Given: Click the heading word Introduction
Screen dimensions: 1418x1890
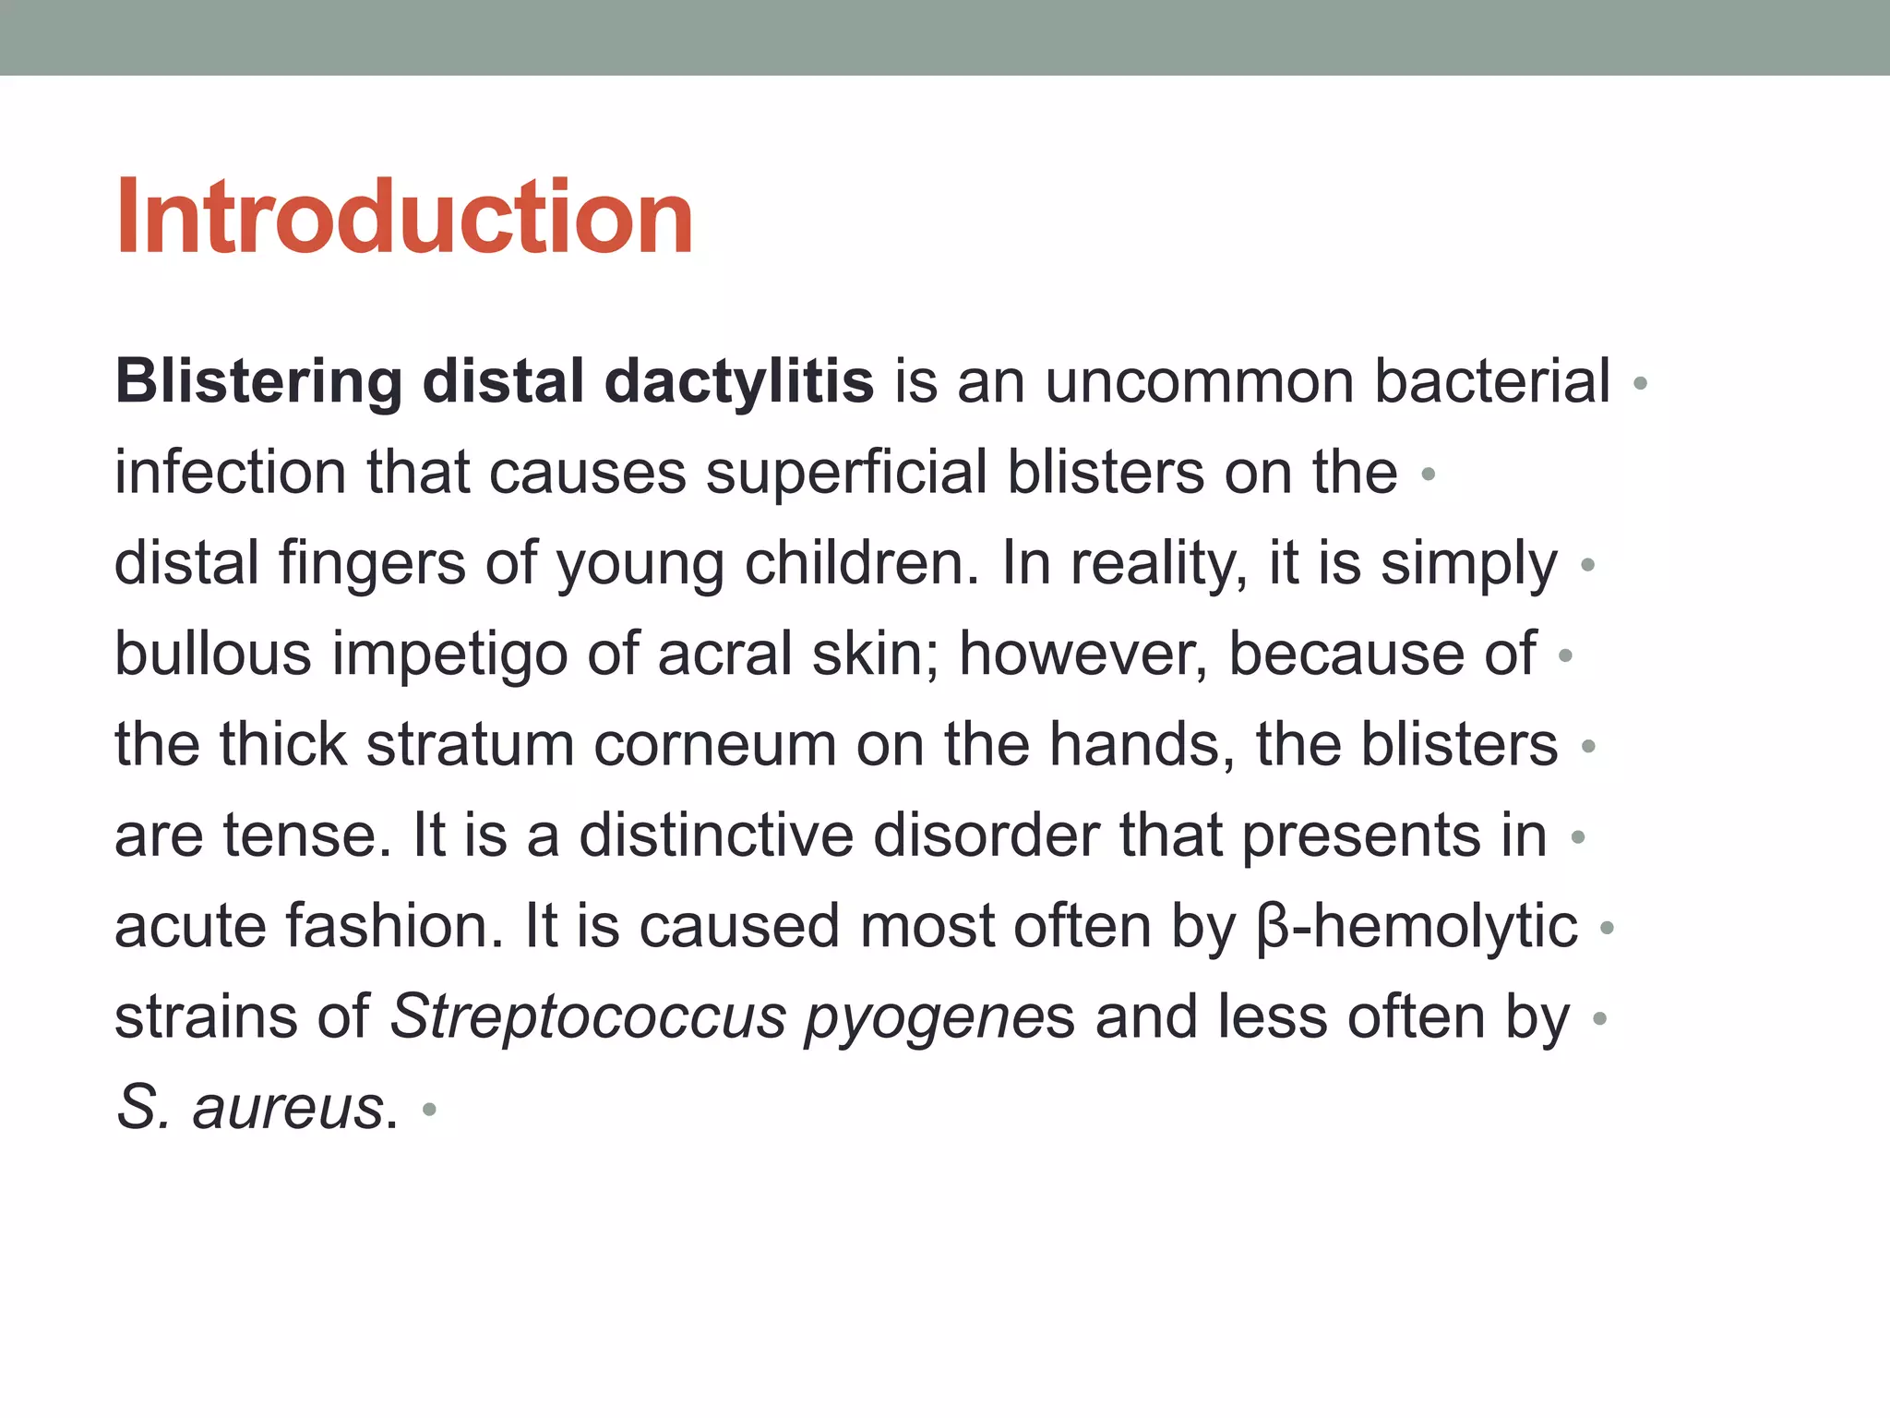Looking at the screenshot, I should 404,218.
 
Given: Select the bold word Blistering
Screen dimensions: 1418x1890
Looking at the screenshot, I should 258,381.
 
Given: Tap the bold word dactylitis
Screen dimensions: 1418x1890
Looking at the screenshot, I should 739,381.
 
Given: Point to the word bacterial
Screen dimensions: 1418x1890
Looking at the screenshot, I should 1492,381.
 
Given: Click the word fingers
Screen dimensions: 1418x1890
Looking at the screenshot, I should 372,563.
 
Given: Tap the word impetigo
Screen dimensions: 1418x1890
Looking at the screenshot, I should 449,654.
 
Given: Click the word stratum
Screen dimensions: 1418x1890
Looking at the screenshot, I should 470,744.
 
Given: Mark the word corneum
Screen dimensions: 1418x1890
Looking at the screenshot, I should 714,744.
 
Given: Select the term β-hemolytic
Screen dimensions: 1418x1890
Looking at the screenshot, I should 1417,926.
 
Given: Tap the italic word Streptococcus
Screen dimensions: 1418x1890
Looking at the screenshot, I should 587,1016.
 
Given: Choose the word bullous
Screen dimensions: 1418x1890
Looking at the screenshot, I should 213,654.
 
